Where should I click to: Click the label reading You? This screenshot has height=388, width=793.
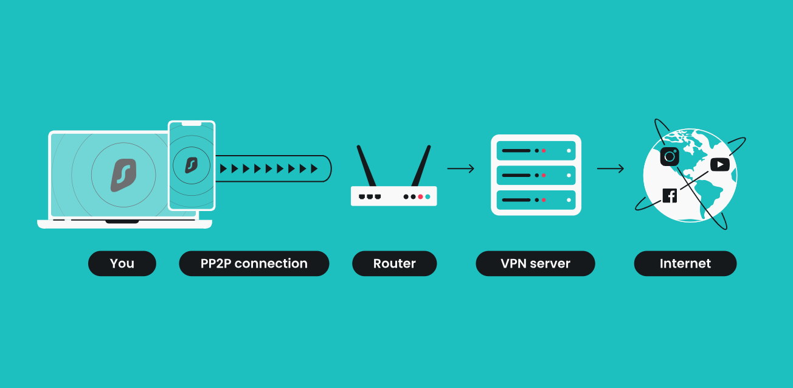tap(122, 263)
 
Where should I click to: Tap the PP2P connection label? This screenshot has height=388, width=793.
tap(254, 263)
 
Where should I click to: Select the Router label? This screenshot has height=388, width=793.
tap(395, 263)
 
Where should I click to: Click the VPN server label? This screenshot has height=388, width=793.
tap(535, 263)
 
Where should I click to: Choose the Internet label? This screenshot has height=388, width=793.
tap(685, 263)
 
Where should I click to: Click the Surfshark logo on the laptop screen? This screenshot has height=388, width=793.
tap(123, 175)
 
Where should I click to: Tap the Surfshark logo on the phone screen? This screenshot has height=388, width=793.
tap(192, 165)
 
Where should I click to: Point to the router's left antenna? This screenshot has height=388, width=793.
tap(367, 165)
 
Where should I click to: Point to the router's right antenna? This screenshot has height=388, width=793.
tap(421, 165)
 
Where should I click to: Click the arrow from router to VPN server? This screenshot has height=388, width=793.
tap(461, 168)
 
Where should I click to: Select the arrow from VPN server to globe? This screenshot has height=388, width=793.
tap(611, 168)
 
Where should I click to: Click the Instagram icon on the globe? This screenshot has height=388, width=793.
tap(670, 157)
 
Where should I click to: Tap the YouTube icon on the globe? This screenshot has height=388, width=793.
tap(719, 164)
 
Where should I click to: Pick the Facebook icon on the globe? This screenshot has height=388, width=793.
tap(670, 195)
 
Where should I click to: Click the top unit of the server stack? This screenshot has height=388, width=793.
tap(536, 150)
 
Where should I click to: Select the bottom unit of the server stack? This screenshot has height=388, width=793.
tap(536, 199)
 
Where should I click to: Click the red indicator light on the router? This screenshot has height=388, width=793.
tap(420, 196)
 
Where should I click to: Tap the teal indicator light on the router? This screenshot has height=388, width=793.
tap(428, 196)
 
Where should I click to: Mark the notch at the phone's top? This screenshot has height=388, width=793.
tap(192, 124)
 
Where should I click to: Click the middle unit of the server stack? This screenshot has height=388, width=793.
tap(536, 175)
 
